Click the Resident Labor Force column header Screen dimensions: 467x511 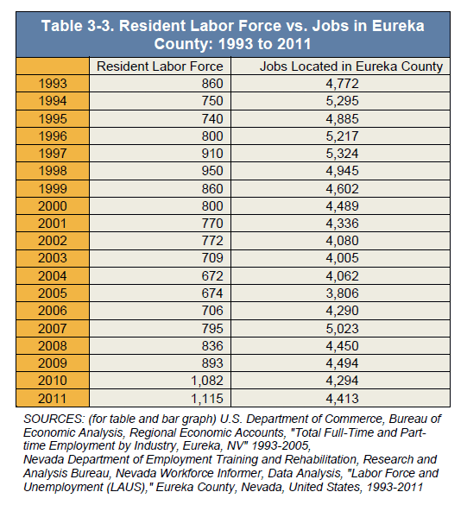(x=160, y=66)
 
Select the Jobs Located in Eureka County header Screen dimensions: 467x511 (x=351, y=66)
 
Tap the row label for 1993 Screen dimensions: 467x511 (x=53, y=84)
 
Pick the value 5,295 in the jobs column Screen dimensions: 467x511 (x=342, y=101)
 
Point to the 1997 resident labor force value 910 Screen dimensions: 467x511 (x=212, y=154)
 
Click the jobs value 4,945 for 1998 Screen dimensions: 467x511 (x=342, y=171)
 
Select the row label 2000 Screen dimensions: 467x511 (x=53, y=206)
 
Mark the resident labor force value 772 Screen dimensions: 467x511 (x=212, y=241)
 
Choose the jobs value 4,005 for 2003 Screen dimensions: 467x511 (x=342, y=258)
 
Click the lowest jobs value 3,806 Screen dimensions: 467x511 (x=342, y=293)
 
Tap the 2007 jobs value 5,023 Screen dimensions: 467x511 (x=342, y=329)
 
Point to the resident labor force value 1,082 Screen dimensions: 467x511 (x=207, y=381)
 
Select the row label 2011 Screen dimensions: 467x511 (x=53, y=398)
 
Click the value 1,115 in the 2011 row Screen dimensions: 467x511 (x=207, y=398)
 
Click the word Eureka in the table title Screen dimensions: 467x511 (x=398, y=26)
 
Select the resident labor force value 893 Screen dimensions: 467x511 (x=212, y=363)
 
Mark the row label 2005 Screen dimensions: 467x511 (x=53, y=293)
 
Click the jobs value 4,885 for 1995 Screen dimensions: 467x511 (x=342, y=119)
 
